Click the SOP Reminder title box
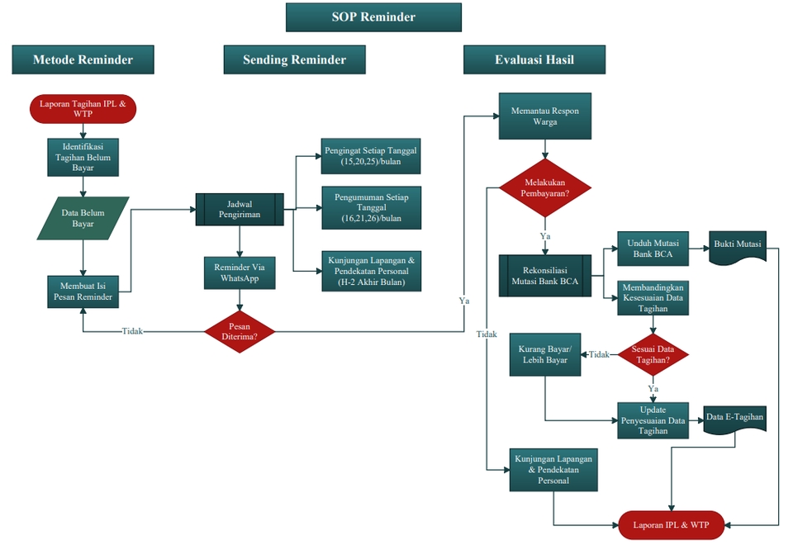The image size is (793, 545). tap(373, 17)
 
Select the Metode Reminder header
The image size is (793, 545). tap(83, 59)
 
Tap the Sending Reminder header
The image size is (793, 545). tap(294, 59)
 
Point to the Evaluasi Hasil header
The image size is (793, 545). tap(534, 59)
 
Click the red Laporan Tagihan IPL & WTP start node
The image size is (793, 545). tap(83, 109)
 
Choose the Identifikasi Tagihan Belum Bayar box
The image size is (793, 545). tap(83, 156)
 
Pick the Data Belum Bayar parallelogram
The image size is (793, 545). tap(83, 218)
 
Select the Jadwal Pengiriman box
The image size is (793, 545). tap(239, 210)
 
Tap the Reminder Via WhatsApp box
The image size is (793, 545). tap(239, 273)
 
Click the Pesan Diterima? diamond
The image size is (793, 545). tap(240, 331)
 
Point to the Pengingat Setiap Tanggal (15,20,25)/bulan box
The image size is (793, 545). tap(371, 157)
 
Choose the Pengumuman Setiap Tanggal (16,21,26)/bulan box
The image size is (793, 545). tap(371, 207)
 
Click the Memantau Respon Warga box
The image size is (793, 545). tap(545, 116)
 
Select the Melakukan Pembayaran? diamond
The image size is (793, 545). tap(545, 187)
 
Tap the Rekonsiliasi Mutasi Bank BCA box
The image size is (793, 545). tap(545, 275)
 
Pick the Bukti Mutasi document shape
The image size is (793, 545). tap(737, 246)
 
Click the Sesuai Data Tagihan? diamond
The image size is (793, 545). tap(653, 354)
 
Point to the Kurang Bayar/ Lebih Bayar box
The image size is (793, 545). tap(544, 354)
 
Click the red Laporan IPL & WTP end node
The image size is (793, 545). tap(671, 525)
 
